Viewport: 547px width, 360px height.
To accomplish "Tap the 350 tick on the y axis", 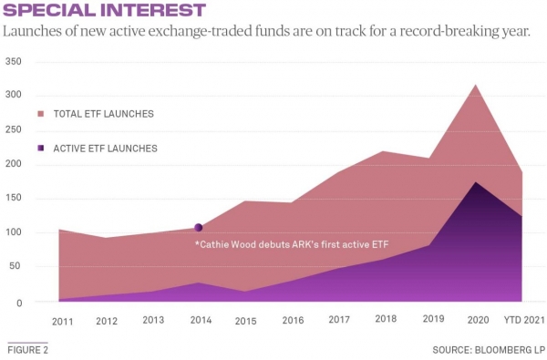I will tap(13, 62).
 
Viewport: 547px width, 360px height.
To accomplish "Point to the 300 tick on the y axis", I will tap(13, 96).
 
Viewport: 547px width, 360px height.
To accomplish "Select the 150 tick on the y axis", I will tap(13, 199).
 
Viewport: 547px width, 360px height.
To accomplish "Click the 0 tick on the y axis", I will tap(18, 302).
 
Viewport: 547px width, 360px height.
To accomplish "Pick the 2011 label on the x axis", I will tap(63, 321).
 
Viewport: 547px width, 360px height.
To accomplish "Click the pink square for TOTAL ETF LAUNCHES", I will tap(40, 114).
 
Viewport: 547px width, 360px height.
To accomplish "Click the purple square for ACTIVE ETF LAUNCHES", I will tap(40, 148).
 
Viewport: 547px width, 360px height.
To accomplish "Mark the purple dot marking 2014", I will tap(199, 228).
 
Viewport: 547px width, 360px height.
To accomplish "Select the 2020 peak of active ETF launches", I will tap(475, 182).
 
